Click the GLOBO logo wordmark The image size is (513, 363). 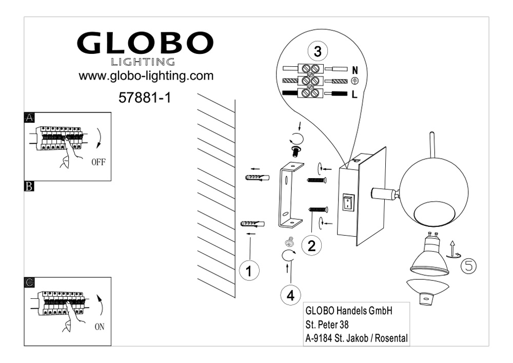145,44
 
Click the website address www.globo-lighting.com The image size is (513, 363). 145,76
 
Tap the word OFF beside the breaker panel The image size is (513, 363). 98,163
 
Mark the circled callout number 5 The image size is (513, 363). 468,266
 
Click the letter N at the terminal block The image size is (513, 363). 355,69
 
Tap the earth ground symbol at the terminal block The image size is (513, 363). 354,81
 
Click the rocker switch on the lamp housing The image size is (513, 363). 348,203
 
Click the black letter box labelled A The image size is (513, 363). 30,118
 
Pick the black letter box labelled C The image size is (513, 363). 30,282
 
